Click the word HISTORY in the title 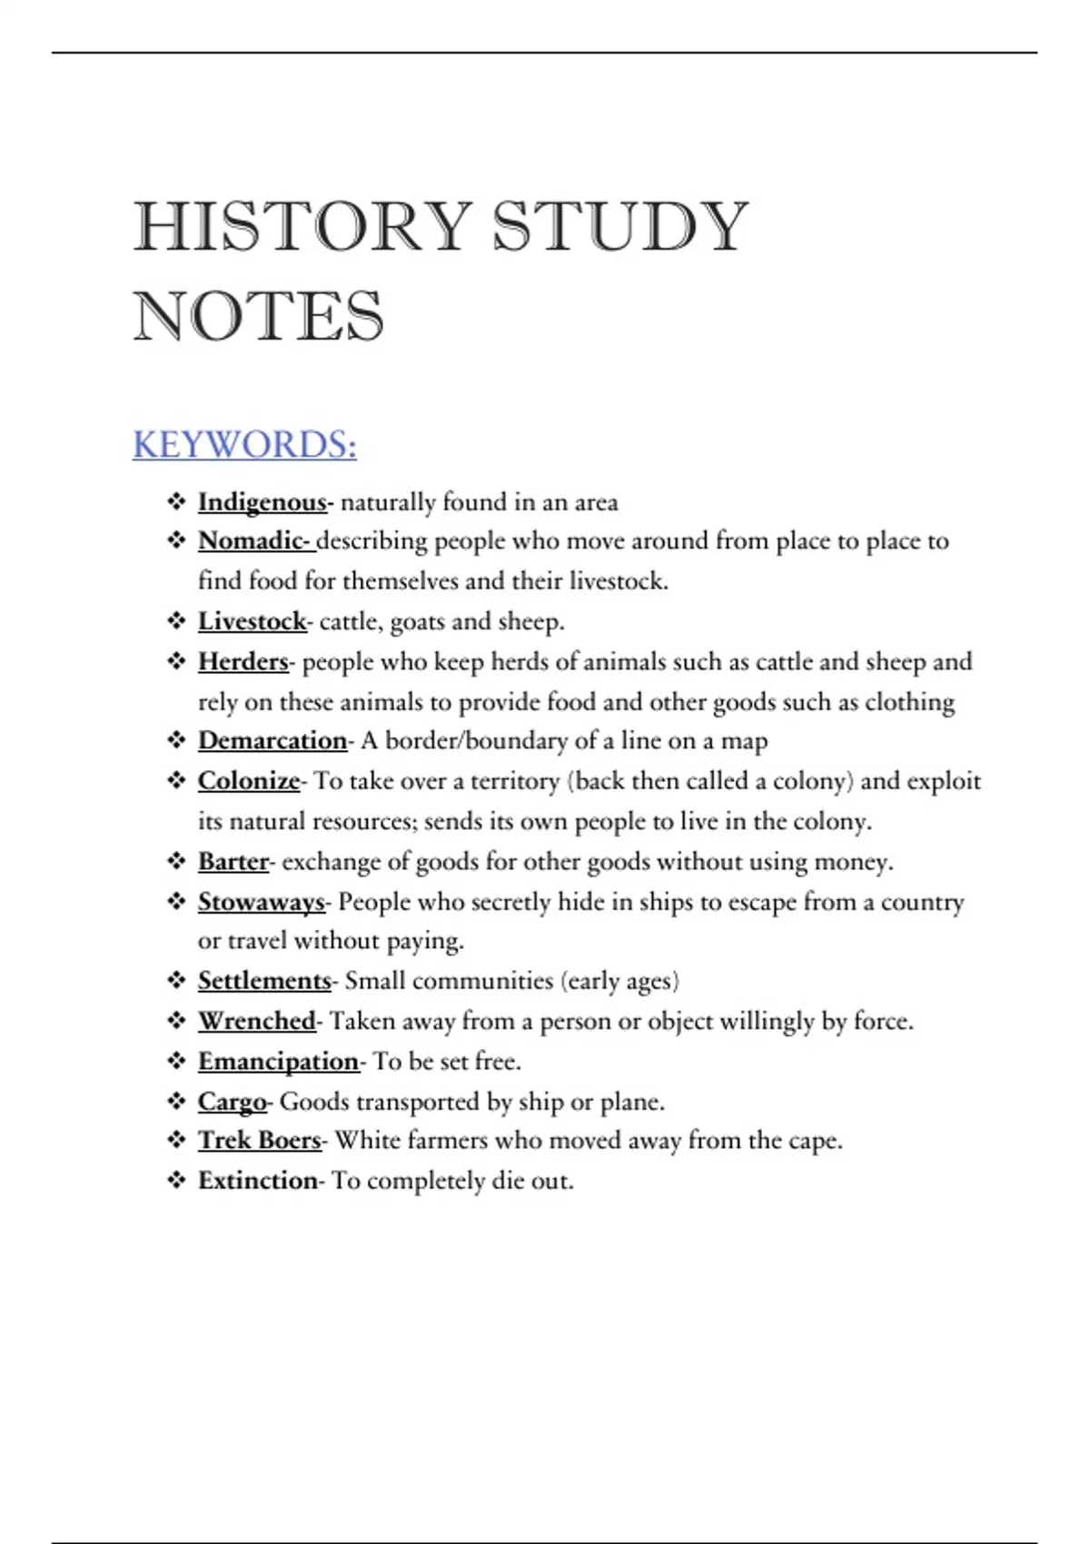click(302, 226)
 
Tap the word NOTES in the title click(259, 317)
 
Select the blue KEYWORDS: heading click(244, 445)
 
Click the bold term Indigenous click(262, 502)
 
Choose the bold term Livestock click(252, 621)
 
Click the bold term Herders click(243, 661)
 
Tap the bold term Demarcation click(272, 741)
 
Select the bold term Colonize click(248, 781)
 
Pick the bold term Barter click(233, 861)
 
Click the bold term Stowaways click(261, 902)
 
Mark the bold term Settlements click(264, 981)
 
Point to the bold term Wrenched click(256, 1021)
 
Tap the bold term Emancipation click(278, 1061)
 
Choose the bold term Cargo click(232, 1102)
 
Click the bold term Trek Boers click(259, 1141)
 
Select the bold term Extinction click(257, 1181)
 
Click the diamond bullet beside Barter click(176, 861)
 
